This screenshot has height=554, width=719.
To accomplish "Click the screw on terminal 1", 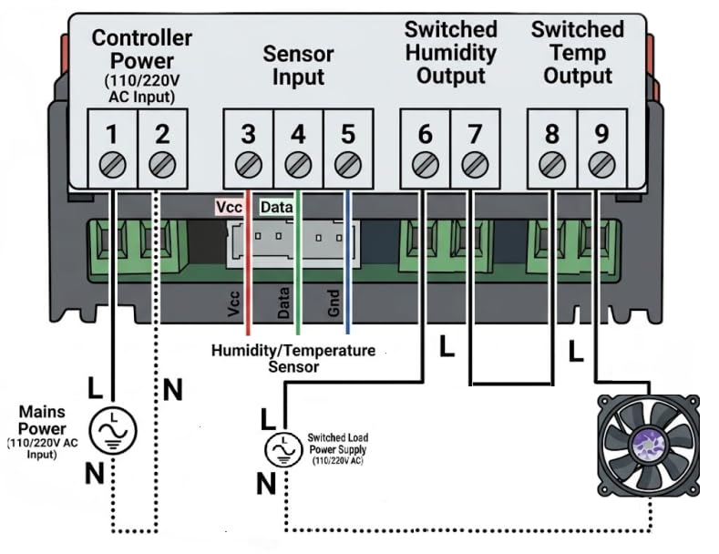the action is (x=112, y=165).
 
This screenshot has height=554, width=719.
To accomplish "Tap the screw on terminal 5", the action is (x=348, y=165).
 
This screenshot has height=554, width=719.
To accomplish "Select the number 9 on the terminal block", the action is (x=601, y=133).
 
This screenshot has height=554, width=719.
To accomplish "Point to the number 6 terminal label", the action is (x=425, y=134).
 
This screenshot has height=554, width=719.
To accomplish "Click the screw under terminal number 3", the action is (x=249, y=165).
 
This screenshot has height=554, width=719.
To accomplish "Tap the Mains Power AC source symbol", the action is (x=113, y=431).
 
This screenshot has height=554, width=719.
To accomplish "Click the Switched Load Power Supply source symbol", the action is (x=283, y=449).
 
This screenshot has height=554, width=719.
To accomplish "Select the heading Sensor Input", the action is (x=298, y=65).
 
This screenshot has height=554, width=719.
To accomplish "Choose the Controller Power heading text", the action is (x=141, y=49).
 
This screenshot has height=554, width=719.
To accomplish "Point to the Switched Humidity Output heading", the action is (x=451, y=52).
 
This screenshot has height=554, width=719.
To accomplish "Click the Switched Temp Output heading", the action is (x=578, y=52).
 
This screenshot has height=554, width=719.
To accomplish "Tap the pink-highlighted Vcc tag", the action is (x=229, y=207).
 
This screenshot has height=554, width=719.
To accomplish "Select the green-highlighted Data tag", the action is (x=276, y=207).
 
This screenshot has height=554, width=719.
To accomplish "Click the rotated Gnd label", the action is (x=334, y=303).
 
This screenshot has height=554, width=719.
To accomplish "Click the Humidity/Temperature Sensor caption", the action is (x=293, y=359).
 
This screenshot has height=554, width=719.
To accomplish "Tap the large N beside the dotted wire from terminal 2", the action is (x=173, y=390).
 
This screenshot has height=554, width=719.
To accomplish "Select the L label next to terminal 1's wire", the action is (x=95, y=388).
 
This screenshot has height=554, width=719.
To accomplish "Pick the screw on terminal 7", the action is (x=475, y=165).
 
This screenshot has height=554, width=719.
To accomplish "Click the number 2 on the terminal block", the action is (x=162, y=134).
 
